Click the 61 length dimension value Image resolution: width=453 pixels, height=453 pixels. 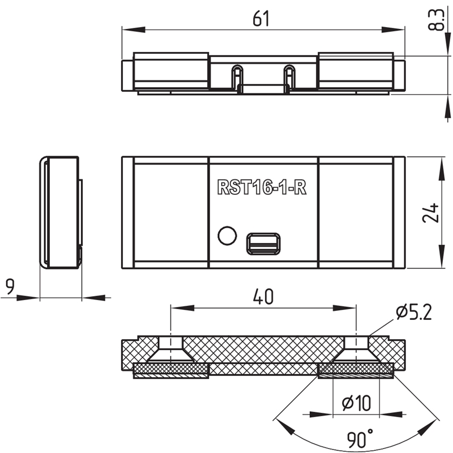[x=261, y=19]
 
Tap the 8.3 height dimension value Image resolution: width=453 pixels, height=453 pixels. [x=435, y=20]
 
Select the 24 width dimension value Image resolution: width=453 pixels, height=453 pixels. [x=430, y=213]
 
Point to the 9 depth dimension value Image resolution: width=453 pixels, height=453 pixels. [x=10, y=287]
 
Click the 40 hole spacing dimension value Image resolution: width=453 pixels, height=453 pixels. [x=263, y=297]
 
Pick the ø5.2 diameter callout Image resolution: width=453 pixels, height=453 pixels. [x=414, y=312]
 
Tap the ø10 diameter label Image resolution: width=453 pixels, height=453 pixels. [x=356, y=403]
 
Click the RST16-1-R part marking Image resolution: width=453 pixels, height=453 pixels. [x=262, y=187]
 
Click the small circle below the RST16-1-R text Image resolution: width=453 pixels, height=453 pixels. [x=227, y=236]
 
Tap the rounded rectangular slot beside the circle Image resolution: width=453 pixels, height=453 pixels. [x=263, y=244]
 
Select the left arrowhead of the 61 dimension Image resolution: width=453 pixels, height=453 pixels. [x=134, y=29]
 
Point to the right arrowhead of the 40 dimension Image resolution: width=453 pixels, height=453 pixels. [x=344, y=308]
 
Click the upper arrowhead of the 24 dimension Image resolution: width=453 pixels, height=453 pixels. [x=442, y=169]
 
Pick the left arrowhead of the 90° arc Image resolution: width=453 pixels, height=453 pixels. [x=285, y=428]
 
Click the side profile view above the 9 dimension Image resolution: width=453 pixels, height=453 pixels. [x=61, y=213]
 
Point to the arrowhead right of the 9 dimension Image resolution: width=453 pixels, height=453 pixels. [x=93, y=298]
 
